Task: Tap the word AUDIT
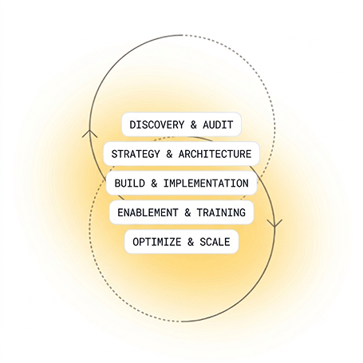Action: tap(218, 124)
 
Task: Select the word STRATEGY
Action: tap(136, 154)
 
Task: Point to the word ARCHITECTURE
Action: tap(215, 154)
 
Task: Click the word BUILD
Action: tap(129, 183)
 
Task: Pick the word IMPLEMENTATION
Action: tap(206, 183)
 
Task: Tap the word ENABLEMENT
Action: tap(148, 212)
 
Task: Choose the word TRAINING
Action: tap(221, 212)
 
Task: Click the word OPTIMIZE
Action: tap(157, 242)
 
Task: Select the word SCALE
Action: tap(215, 242)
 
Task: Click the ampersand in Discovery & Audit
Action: tap(194, 124)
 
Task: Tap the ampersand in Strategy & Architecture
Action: tap(169, 154)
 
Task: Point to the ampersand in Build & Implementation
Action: tap(154, 183)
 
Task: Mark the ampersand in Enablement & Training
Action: tap(187, 212)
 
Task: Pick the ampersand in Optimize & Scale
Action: tap(191, 242)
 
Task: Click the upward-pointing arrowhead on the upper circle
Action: tap(89, 133)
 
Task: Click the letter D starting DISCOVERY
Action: tap(132, 124)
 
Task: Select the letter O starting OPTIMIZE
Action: tap(136, 242)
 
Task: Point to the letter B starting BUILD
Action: tap(117, 183)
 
